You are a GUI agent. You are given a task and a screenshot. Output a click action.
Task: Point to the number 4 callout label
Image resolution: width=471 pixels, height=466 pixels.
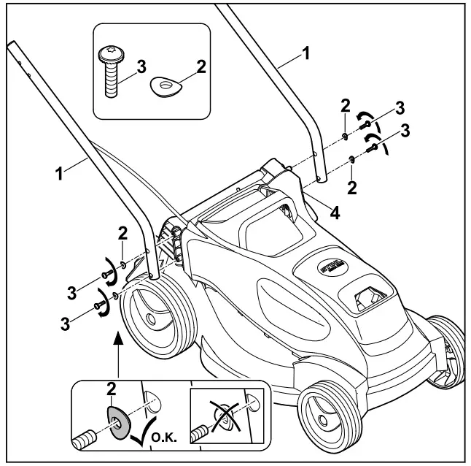(x=335, y=213)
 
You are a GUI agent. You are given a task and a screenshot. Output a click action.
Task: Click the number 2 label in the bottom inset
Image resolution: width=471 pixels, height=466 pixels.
(x=112, y=389)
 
